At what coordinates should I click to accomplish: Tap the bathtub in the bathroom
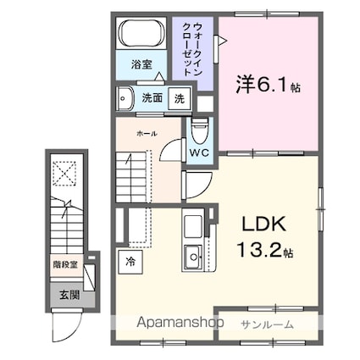click(141, 35)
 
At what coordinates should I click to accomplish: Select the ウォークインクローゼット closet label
click(191, 53)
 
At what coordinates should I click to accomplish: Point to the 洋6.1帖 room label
click(268, 86)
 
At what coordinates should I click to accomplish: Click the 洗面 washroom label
click(152, 97)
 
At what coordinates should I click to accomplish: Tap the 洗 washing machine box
click(179, 97)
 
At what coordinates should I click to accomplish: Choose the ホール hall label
click(145, 132)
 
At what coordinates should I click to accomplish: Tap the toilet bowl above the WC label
click(200, 132)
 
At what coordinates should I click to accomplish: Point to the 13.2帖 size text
click(264, 252)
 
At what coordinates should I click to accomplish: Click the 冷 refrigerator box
click(132, 262)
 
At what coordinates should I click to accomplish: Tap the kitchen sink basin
click(192, 254)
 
